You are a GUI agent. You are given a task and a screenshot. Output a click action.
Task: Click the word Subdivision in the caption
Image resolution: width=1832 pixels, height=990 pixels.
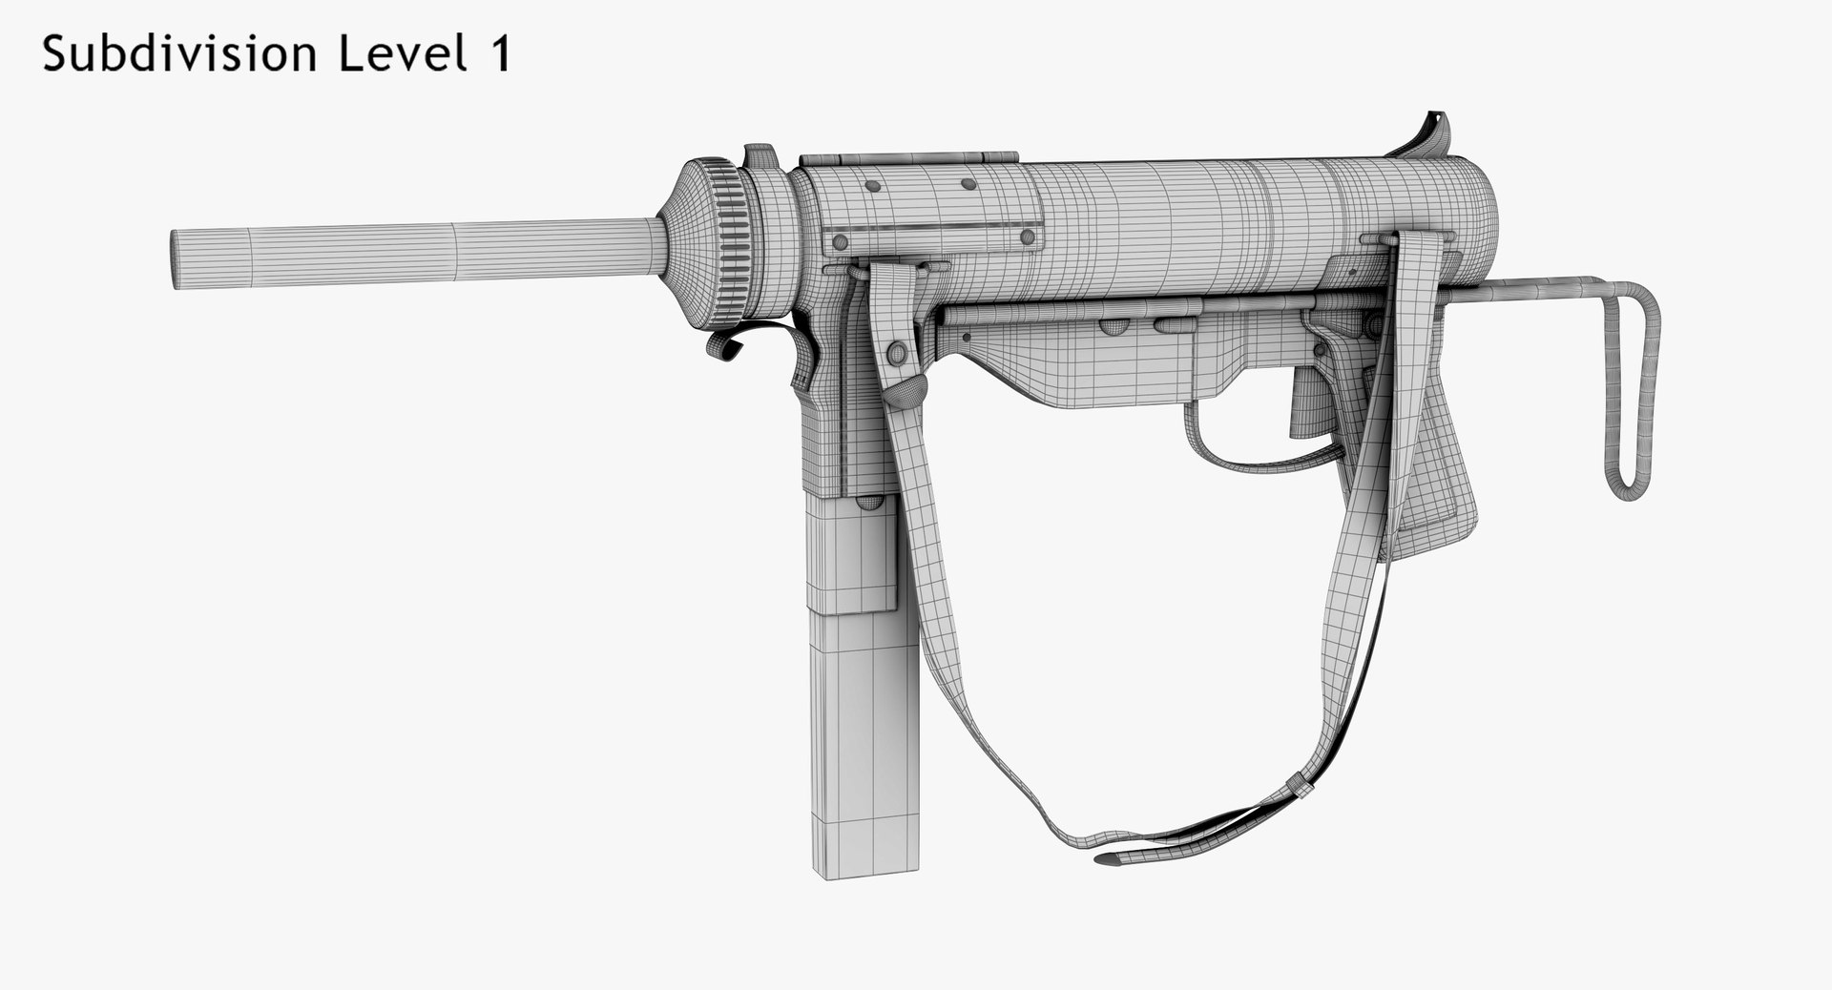tap(179, 54)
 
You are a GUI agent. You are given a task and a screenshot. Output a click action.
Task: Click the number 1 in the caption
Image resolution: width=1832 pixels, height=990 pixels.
tap(500, 54)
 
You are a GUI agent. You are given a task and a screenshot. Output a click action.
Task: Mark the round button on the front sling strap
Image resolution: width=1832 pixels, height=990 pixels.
tap(897, 354)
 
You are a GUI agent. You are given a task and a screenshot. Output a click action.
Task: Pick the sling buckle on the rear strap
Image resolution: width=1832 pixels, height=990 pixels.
tap(1300, 786)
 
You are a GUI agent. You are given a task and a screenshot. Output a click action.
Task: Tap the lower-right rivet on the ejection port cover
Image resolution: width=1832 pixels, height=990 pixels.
tap(1027, 237)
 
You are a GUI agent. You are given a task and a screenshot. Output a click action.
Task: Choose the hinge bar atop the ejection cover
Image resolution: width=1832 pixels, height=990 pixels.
tap(906, 158)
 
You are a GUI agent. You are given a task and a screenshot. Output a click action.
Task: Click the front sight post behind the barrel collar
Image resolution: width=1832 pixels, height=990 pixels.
tap(760, 156)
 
